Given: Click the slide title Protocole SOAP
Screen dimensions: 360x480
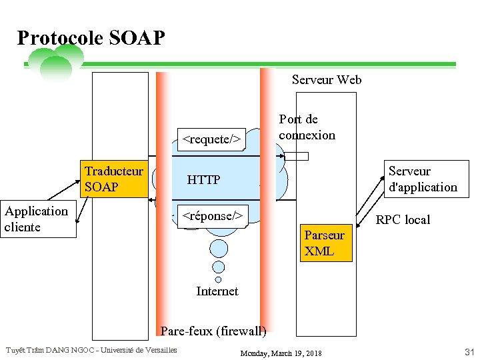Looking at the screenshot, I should [x=91, y=38].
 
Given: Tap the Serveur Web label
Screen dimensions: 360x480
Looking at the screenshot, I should [x=327, y=80].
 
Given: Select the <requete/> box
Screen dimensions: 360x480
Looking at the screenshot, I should [x=211, y=139].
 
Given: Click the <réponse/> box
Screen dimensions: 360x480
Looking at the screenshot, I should [x=213, y=216].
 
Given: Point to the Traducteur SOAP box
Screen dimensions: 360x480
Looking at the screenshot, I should [x=114, y=179].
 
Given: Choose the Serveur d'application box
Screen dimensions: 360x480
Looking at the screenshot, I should [x=423, y=179].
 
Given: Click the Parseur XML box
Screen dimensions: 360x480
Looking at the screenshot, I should [x=325, y=243].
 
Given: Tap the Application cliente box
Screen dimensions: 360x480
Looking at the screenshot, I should [x=37, y=219].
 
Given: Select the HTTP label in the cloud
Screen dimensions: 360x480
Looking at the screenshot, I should [x=203, y=180].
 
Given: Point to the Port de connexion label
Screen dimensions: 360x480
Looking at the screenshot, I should [x=307, y=127].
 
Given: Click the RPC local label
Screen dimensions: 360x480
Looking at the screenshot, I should [x=403, y=220].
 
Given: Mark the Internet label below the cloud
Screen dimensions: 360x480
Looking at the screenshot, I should [x=217, y=291].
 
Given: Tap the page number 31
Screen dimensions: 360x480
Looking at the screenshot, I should [x=469, y=351].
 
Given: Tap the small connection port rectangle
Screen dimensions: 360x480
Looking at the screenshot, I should [x=295, y=157].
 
